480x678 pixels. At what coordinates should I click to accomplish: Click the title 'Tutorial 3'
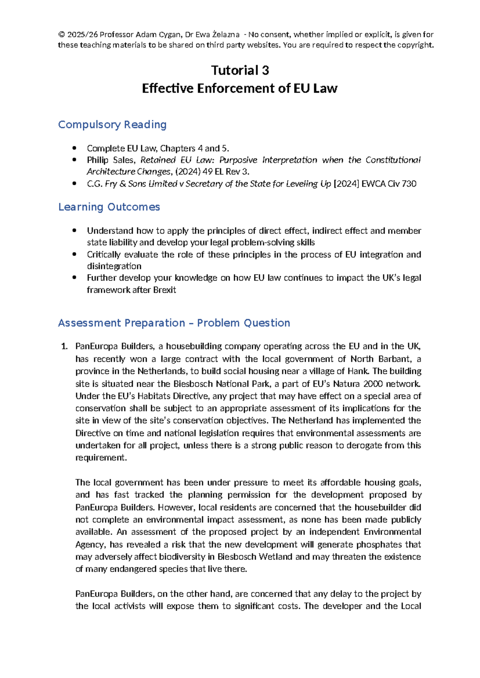pos(240,70)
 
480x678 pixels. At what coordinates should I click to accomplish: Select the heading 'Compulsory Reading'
pos(112,125)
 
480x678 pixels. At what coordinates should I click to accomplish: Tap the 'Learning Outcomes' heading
pos(109,207)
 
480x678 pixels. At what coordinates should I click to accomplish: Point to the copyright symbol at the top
pos(61,35)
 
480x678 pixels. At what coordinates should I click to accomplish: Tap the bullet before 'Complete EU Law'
pos(74,148)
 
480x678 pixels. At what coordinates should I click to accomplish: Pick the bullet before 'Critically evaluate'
pos(74,255)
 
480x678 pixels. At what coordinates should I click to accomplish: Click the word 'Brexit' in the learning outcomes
pos(164,290)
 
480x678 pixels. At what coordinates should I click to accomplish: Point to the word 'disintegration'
pos(114,266)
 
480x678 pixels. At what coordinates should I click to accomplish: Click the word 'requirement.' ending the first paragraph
pos(101,458)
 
